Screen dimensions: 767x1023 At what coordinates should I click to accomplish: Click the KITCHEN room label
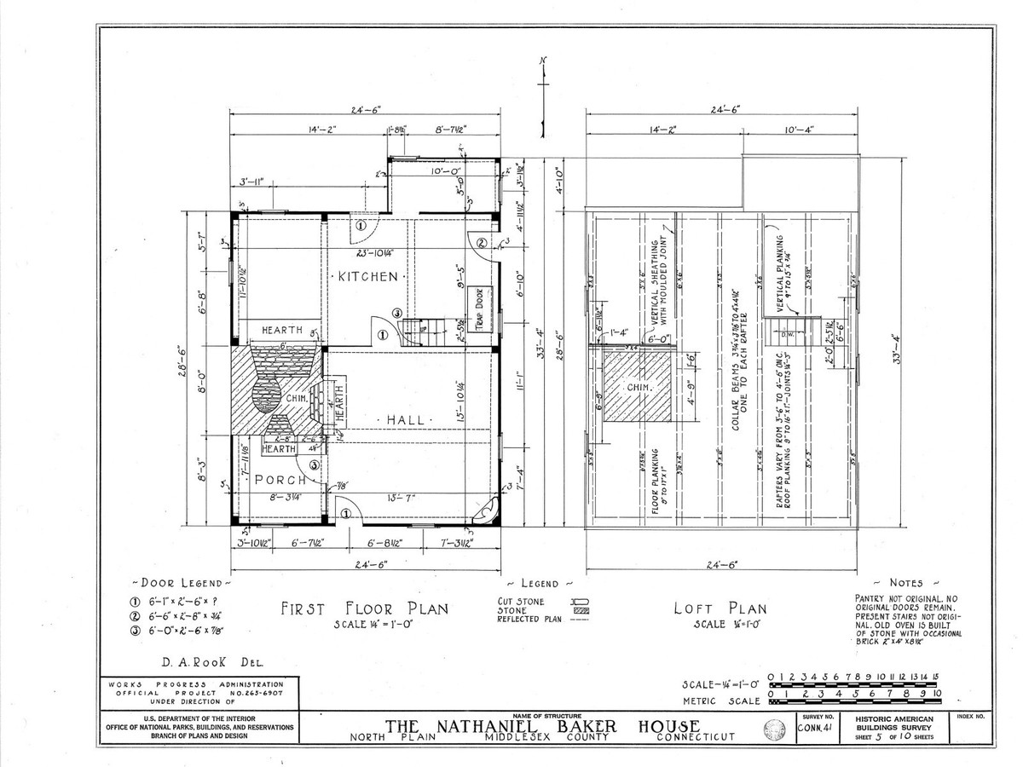click(x=367, y=277)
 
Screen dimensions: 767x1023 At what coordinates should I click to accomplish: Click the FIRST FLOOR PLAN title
click(x=365, y=608)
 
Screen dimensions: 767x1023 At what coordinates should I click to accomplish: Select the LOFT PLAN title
click(x=720, y=608)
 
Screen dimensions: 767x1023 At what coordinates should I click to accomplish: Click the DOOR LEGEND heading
click(x=181, y=583)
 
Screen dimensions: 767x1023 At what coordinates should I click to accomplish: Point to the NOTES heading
click(x=905, y=583)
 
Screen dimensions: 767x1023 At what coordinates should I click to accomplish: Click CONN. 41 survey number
click(x=814, y=729)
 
